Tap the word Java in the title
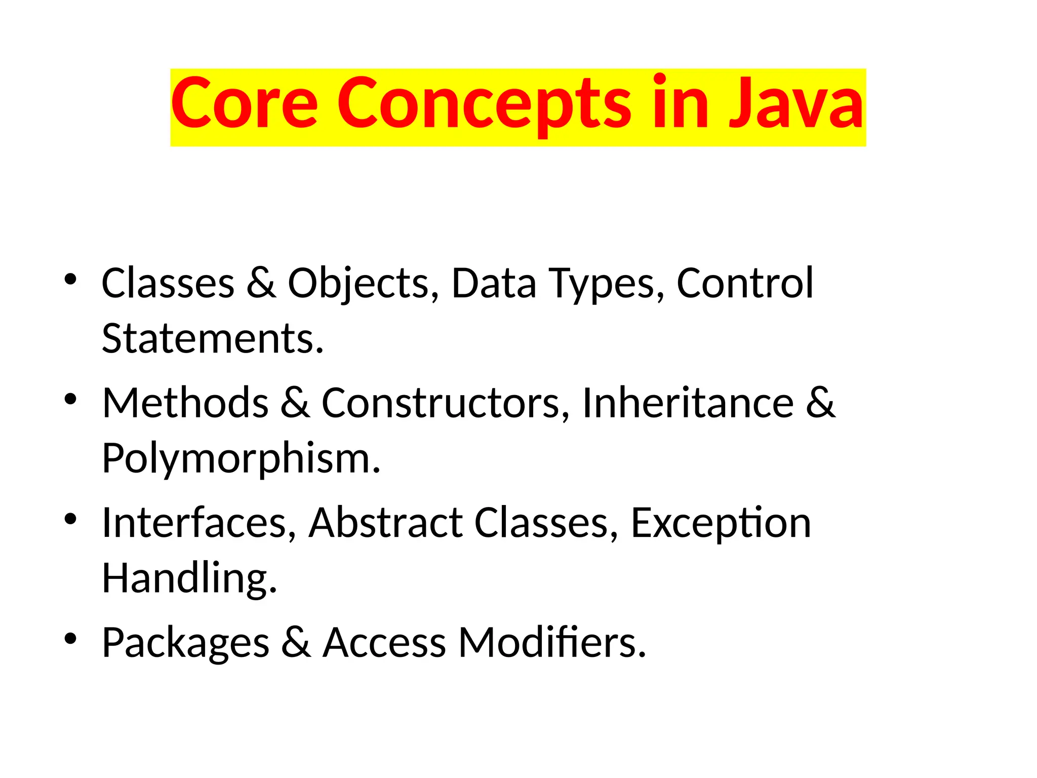[x=796, y=103]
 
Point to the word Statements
[x=212, y=338]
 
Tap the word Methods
[x=185, y=403]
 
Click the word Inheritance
[x=688, y=403]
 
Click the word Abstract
[x=385, y=523]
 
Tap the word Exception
[x=721, y=524]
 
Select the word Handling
[x=189, y=578]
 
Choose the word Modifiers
[x=552, y=642]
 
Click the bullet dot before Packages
[x=70, y=639]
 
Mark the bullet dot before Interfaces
[x=70, y=519]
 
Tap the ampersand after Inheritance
[x=820, y=403]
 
